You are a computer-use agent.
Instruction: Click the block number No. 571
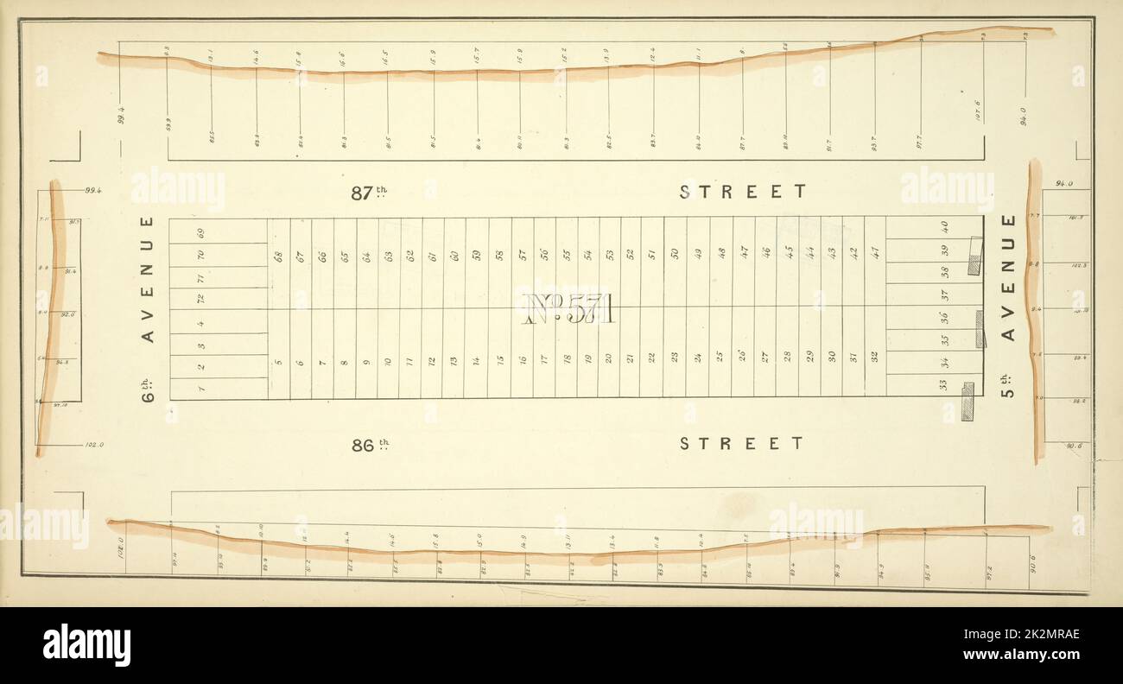pos(568,307)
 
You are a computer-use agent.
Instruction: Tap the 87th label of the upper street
pos(371,193)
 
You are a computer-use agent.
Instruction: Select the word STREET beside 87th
pos(742,192)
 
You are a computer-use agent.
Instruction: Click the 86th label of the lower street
pos(371,446)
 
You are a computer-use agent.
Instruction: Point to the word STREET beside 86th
pos(742,444)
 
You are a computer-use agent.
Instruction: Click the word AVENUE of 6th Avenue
pos(148,279)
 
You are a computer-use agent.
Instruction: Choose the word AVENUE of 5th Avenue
pos(1007,277)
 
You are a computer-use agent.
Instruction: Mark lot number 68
pos(278,256)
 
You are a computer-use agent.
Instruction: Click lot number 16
pos(523,358)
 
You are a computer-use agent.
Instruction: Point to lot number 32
pos(874,356)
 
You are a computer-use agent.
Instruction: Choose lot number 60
pos(455,256)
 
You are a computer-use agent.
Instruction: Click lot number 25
pos(720,357)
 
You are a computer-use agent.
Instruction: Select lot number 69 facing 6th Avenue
pos(200,232)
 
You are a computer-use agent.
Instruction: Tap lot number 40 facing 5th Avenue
pos(945,227)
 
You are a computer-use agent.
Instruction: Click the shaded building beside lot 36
pos(980,329)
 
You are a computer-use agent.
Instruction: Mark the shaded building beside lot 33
pos(968,402)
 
